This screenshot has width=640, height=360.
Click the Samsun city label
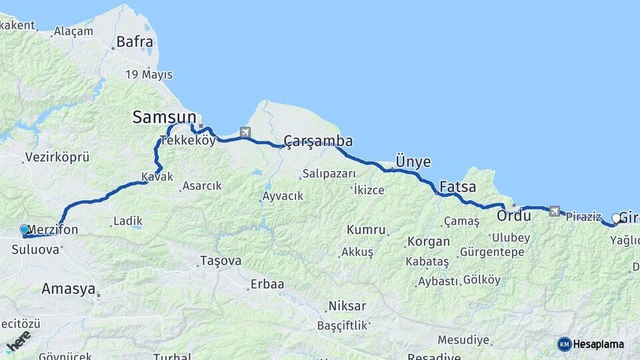[x=165, y=117]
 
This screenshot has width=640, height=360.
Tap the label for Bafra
[x=135, y=42]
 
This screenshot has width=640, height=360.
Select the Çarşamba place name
[x=318, y=141]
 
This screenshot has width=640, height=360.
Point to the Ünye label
[x=413, y=162]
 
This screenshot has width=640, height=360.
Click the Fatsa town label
[x=458, y=186]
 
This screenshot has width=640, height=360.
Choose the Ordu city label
[x=513, y=215]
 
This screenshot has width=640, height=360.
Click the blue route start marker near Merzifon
[x=25, y=229]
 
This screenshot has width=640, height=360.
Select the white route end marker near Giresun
[x=616, y=218]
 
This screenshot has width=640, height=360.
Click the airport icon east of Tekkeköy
[x=245, y=133]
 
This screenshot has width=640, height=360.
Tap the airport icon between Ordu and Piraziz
[x=555, y=211]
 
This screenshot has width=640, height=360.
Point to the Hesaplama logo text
[x=598, y=344]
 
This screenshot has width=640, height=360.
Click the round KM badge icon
[x=564, y=344]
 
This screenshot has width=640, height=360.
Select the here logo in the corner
[x=18, y=339]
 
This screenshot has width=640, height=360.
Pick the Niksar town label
[x=347, y=306]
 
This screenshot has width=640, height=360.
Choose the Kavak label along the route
[x=157, y=177]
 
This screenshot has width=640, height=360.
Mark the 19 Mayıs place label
[x=149, y=74]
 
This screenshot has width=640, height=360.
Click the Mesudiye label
[x=464, y=340]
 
